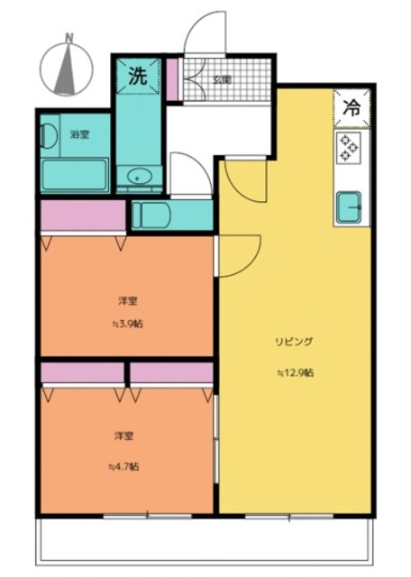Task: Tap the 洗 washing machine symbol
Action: pyautogui.click(x=137, y=77)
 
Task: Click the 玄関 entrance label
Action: pyautogui.click(x=222, y=79)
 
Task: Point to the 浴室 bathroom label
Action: pyautogui.click(x=80, y=134)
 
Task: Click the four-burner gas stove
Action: pyautogui.click(x=348, y=147)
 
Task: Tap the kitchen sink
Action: pyautogui.click(x=349, y=207)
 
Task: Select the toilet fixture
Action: pyautogui.click(x=149, y=215)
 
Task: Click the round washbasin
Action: pyautogui.click(x=138, y=177)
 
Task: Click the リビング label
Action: pyautogui.click(x=294, y=342)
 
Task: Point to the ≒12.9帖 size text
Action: pyautogui.click(x=294, y=372)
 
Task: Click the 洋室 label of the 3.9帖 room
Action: pyautogui.click(x=126, y=300)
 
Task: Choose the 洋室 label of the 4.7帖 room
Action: pyautogui.click(x=123, y=436)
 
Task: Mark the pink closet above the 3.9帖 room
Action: pyautogui.click(x=82, y=215)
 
